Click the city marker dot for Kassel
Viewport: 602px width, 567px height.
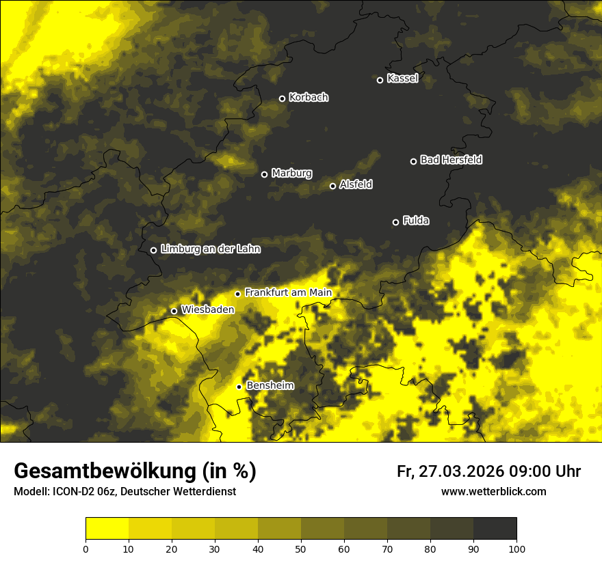[380, 80]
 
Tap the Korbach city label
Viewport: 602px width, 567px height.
[309, 98]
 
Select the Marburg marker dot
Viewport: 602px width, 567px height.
[264, 174]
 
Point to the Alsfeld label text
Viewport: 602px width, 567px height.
[356, 184]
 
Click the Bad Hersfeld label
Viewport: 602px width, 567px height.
[451, 160]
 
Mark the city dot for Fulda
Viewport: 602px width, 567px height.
[395, 222]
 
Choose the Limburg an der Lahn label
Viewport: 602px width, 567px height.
[210, 249]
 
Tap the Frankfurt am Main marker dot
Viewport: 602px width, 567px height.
[237, 294]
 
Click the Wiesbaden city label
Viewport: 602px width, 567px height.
[207, 309]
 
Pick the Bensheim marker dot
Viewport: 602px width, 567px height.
[239, 387]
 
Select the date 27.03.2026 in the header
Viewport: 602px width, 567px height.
[460, 471]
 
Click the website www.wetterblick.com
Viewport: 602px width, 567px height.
[493, 492]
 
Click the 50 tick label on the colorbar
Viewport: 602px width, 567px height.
[301, 549]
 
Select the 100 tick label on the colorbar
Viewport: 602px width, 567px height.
[516, 549]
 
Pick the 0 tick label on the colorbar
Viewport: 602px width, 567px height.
[86, 549]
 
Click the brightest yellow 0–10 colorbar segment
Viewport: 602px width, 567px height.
[107, 529]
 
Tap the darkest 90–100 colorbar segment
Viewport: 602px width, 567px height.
[495, 529]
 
